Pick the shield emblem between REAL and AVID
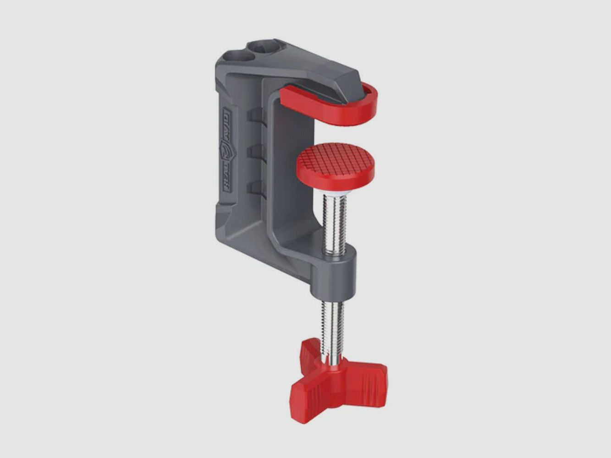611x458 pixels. pos(227,151)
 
